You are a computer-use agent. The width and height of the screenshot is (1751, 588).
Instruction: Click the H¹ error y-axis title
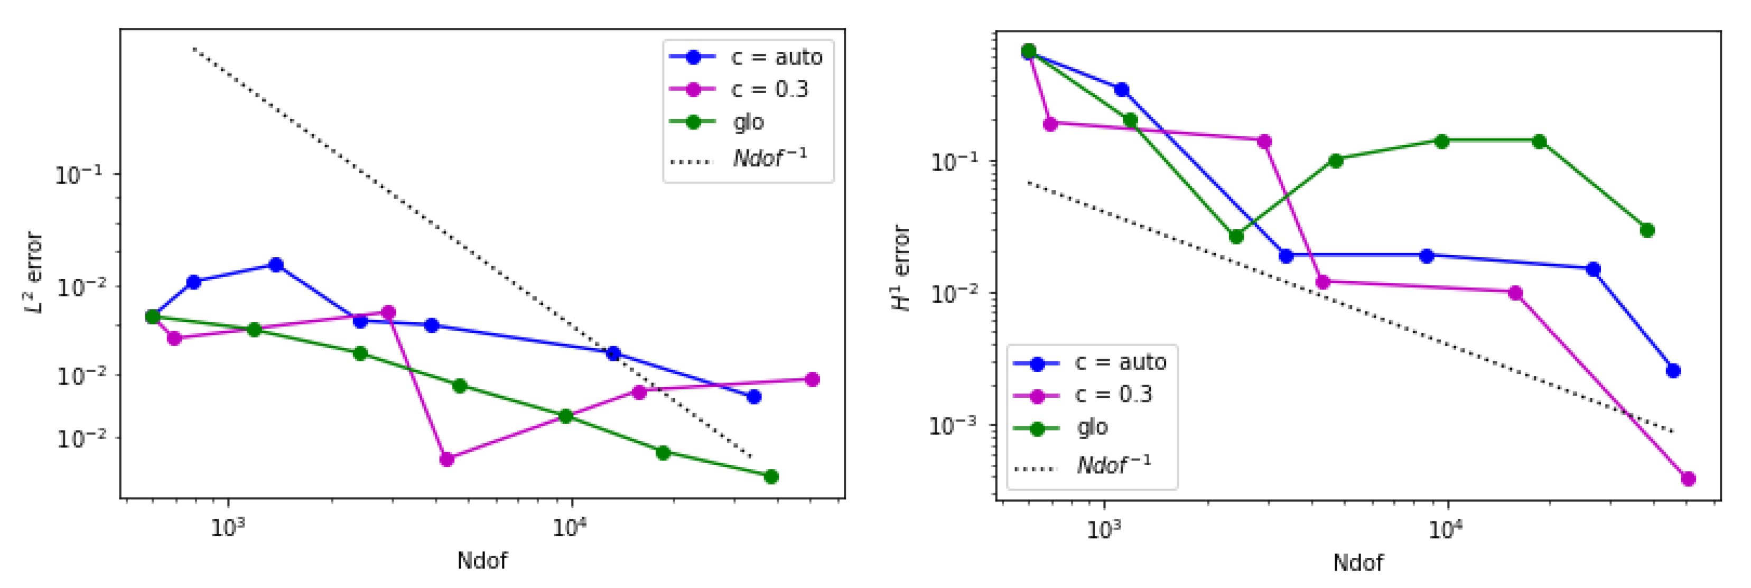coord(901,268)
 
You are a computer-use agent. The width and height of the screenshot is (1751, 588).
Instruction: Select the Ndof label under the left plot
coord(482,561)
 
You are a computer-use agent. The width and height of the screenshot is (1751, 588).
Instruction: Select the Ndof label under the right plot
coord(1357,562)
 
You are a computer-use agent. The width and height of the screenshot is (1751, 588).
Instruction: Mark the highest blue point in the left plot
coord(276,265)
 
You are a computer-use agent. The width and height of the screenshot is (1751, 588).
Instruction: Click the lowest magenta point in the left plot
coord(446,460)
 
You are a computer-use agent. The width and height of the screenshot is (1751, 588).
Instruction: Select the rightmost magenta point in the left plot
coord(812,379)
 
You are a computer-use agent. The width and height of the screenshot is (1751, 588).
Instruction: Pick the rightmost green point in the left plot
coord(771,477)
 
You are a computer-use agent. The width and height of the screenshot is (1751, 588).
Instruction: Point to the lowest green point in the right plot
coord(1236,237)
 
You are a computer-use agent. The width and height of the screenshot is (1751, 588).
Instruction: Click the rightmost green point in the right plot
coord(1647,230)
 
